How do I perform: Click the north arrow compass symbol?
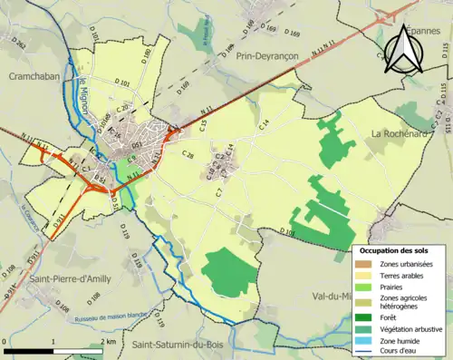407,51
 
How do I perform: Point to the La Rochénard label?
399,133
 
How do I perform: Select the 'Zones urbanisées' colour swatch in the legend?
363,263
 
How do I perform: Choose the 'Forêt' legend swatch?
363,317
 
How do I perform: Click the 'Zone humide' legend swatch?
363,342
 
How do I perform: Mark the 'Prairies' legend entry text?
396,288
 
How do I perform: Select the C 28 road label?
188,156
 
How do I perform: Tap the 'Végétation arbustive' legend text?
414,329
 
